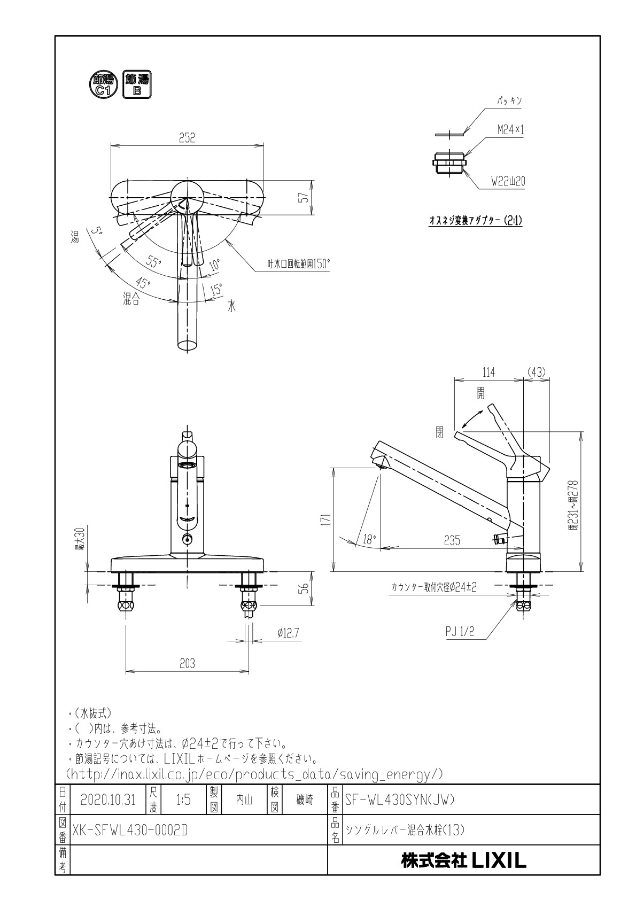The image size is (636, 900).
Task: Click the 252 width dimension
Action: [x=187, y=137]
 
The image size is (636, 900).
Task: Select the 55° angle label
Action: [x=154, y=262]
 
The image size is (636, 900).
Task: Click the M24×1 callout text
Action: [x=510, y=129]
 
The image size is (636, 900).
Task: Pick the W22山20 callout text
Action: [x=508, y=182]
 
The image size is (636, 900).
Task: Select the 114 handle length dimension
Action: [x=488, y=373]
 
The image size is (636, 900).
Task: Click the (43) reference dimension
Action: [x=536, y=373]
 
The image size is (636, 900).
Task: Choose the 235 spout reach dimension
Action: [x=452, y=540]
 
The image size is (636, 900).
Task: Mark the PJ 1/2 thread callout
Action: [x=460, y=632]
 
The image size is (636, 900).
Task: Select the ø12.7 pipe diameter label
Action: [x=288, y=633]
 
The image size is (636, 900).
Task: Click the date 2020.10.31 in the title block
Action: [x=108, y=800]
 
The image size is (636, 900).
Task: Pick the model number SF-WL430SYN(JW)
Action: [x=400, y=800]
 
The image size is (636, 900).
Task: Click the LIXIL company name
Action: [x=464, y=860]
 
